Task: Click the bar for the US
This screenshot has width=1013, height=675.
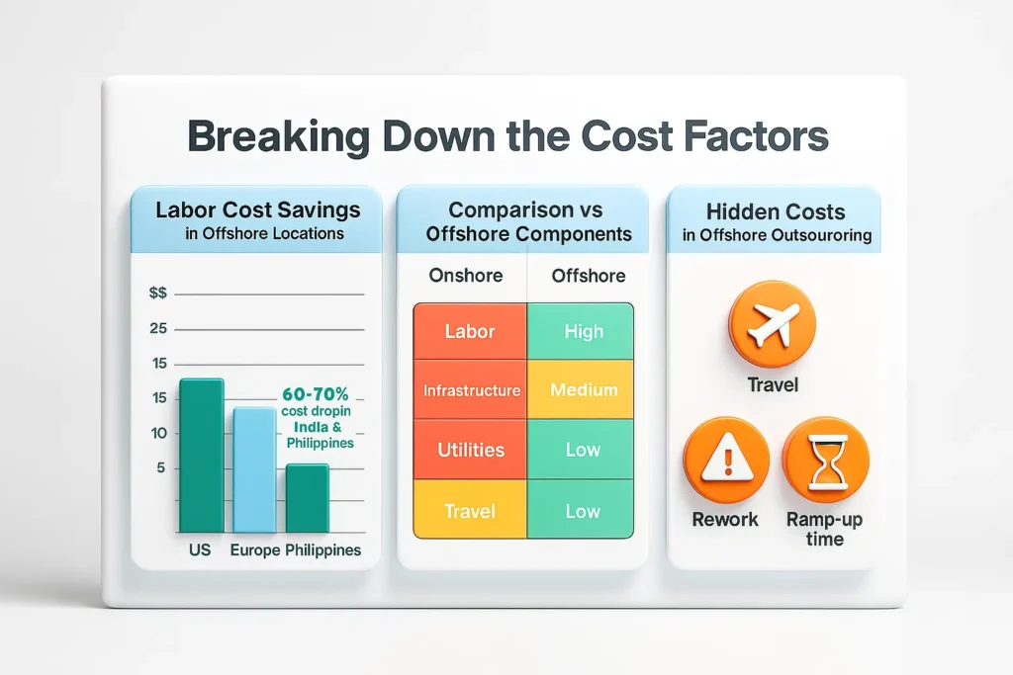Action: tap(201, 455)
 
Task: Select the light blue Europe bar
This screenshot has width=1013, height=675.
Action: tap(253, 469)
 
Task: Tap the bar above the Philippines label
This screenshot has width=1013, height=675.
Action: tap(307, 498)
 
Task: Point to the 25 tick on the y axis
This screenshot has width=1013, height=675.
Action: tap(158, 329)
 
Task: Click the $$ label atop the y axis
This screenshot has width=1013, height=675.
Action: tap(157, 294)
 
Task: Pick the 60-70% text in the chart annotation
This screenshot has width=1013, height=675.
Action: tap(316, 392)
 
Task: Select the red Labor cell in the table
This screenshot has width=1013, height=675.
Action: tap(470, 331)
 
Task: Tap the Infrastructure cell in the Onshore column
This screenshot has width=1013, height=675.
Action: tap(471, 390)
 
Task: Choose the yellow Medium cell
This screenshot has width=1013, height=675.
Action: tap(583, 390)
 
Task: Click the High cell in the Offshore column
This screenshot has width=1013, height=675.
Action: tap(583, 331)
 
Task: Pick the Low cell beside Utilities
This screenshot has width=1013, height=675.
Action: tap(583, 450)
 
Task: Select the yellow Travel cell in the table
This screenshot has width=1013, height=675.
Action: tap(470, 511)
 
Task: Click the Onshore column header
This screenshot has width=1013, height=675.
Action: tap(465, 276)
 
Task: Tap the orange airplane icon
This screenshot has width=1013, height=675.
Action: tap(772, 323)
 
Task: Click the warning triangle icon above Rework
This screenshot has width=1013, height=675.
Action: tap(726, 460)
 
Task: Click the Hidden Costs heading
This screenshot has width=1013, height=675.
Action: tap(776, 211)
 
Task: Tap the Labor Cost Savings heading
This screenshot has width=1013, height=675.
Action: tap(257, 210)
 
